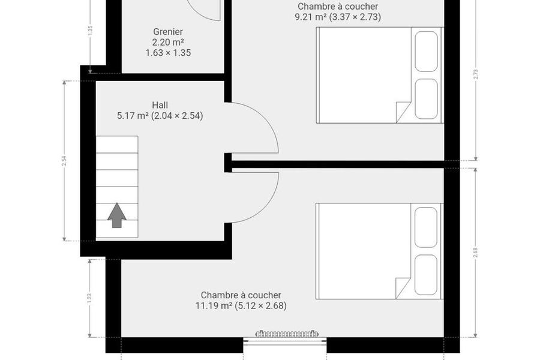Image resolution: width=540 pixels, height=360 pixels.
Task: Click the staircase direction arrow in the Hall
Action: [x=117, y=215]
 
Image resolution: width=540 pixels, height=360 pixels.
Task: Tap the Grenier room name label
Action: [x=168, y=32]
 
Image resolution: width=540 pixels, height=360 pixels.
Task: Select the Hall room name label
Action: [x=160, y=105]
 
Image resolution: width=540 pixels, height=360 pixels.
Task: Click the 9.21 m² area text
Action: [x=311, y=17]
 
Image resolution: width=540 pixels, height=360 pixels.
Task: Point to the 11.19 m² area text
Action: [x=214, y=305]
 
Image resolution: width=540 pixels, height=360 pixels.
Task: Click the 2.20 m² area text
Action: [x=168, y=43]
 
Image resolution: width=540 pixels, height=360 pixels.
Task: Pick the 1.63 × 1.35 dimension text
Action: [x=168, y=53]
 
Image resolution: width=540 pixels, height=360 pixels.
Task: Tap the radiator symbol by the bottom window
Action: [x=287, y=334]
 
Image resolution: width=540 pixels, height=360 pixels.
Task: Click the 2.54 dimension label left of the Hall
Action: [x=64, y=161]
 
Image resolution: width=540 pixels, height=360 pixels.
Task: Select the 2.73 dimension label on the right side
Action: [x=476, y=74]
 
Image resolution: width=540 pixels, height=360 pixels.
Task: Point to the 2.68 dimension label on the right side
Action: [x=476, y=253]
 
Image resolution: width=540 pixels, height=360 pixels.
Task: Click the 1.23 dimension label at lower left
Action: [x=89, y=298]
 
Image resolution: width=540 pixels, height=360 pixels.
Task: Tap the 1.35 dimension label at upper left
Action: [x=90, y=31]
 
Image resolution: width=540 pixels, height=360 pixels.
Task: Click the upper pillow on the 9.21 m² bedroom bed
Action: [x=427, y=52]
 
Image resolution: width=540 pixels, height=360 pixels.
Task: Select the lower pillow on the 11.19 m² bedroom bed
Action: [x=426, y=275]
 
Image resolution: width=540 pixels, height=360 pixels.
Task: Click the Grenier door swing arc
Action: [x=203, y=14]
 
